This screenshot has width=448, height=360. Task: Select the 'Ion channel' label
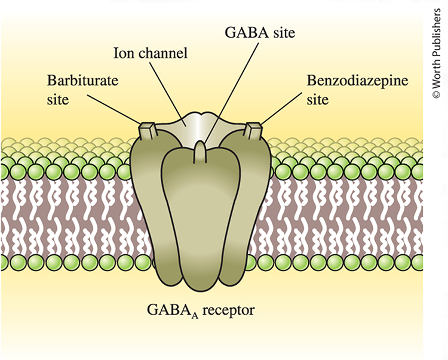tap(151, 53)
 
